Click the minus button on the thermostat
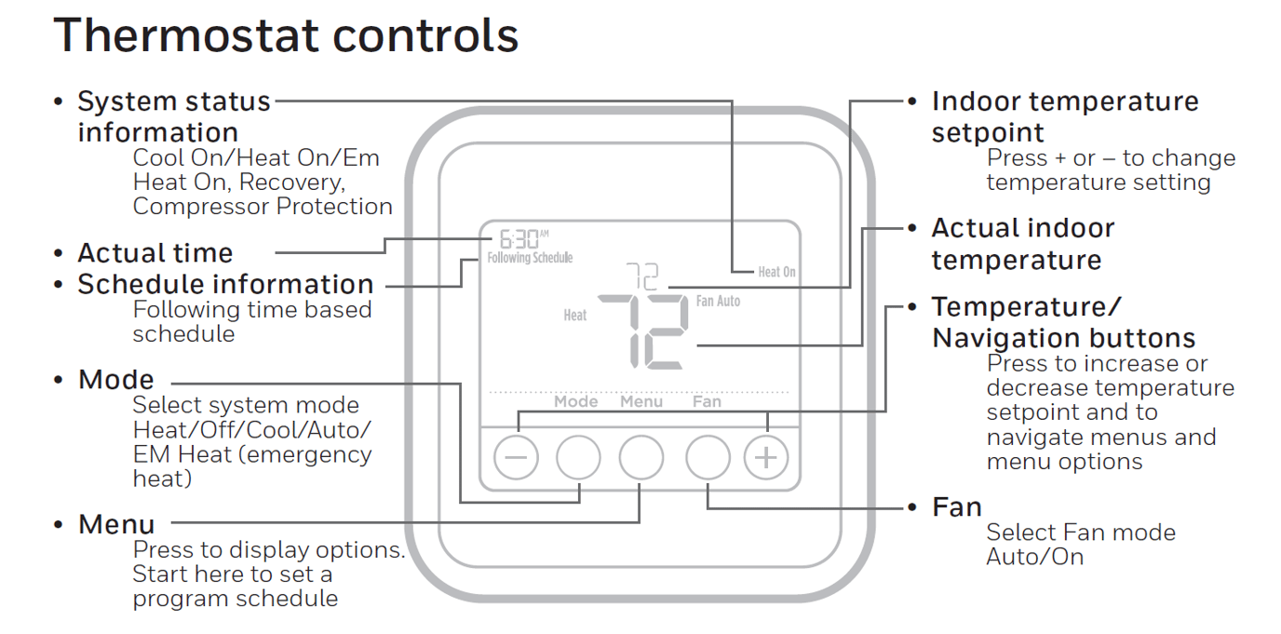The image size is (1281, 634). click(x=516, y=458)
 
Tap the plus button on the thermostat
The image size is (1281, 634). click(x=766, y=458)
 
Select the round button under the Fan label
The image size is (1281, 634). click(x=708, y=458)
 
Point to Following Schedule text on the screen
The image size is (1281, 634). click(x=530, y=258)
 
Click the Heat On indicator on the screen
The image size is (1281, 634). click(x=776, y=272)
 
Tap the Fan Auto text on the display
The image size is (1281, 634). click(x=718, y=302)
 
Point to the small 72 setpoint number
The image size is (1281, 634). click(x=641, y=277)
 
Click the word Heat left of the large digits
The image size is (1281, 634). click(x=575, y=316)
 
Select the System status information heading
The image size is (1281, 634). click(x=173, y=115)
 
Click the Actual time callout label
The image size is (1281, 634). click(x=155, y=252)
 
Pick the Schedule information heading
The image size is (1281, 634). click(x=225, y=284)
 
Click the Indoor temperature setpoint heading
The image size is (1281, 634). click(x=1064, y=115)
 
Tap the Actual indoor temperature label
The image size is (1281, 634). click(x=1022, y=243)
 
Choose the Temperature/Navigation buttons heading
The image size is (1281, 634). click(x=1063, y=322)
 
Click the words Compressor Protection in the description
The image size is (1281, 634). click(x=263, y=207)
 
